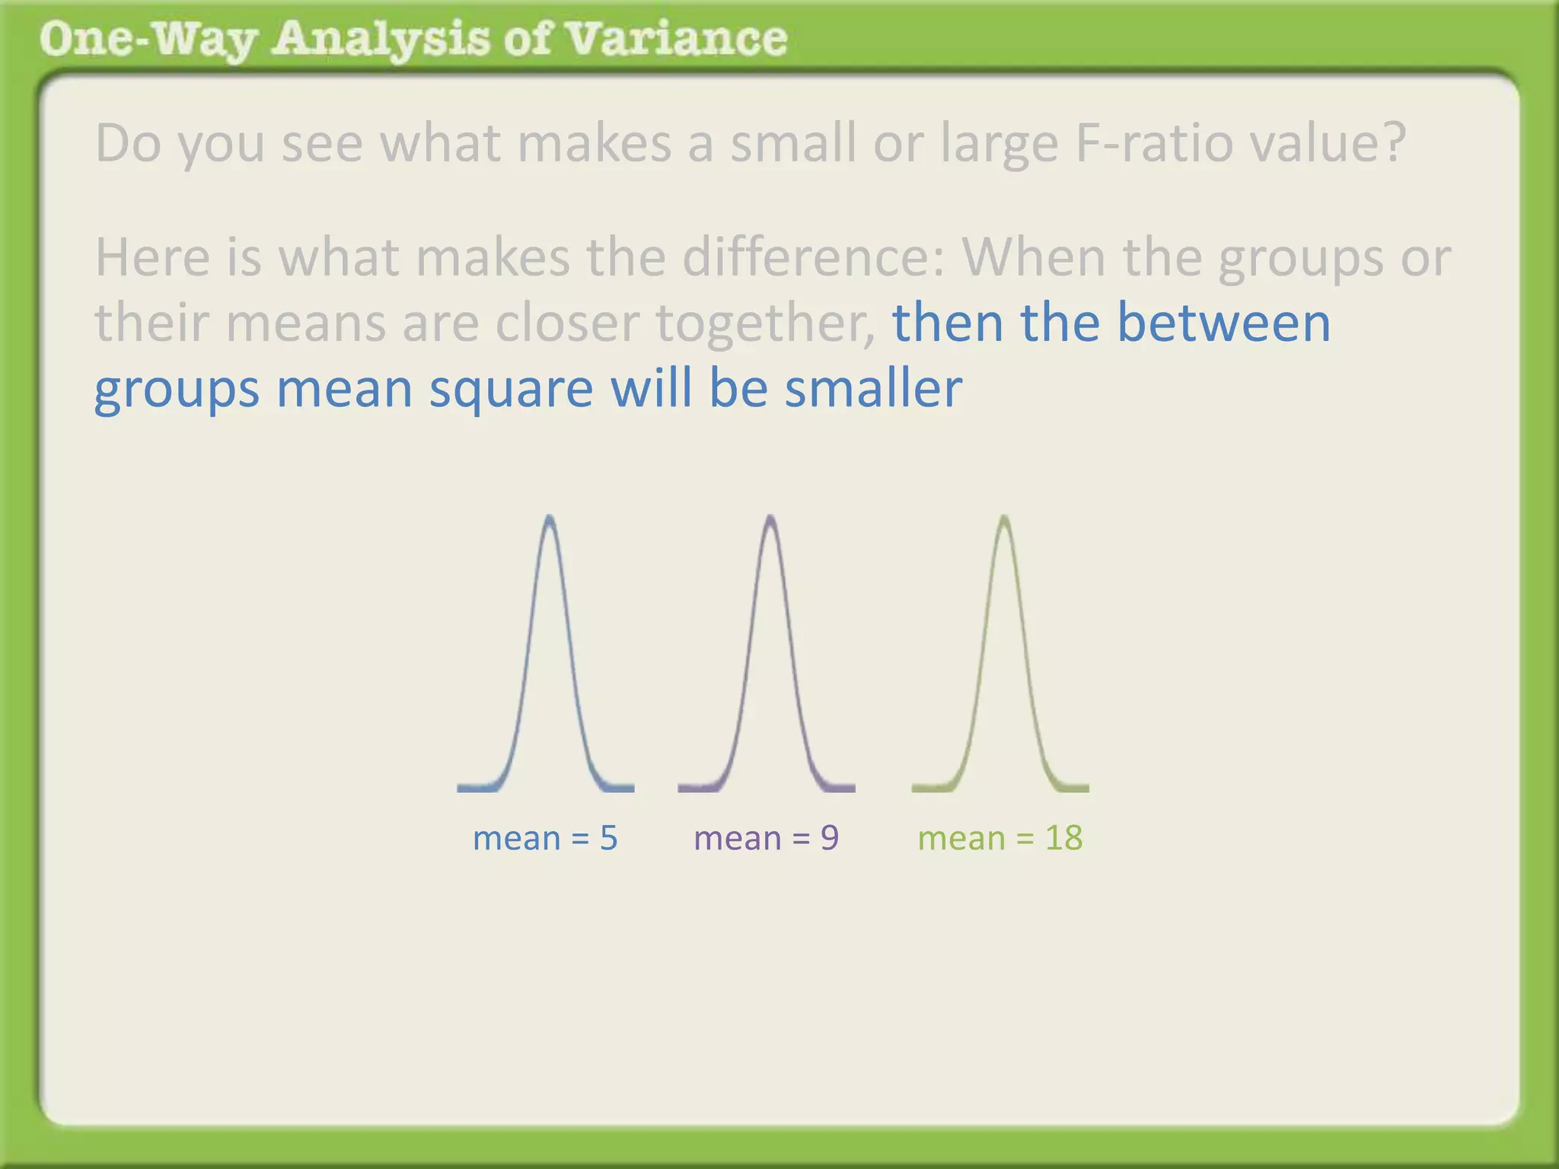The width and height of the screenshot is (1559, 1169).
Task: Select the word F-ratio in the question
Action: click(x=1154, y=142)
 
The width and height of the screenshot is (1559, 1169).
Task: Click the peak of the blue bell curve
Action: click(x=549, y=518)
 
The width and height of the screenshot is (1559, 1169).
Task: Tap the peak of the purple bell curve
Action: click(x=770, y=518)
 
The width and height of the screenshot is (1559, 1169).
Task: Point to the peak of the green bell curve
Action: click(x=1004, y=518)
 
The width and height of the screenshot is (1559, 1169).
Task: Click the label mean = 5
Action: click(x=545, y=838)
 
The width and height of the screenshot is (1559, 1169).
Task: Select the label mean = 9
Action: click(x=766, y=838)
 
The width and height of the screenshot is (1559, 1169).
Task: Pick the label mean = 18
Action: click(x=999, y=838)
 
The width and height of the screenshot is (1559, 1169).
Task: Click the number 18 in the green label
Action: click(x=1063, y=838)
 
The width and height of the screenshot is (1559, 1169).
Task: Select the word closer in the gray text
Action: click(x=567, y=323)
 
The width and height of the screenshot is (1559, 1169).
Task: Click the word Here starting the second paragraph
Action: click(x=152, y=257)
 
